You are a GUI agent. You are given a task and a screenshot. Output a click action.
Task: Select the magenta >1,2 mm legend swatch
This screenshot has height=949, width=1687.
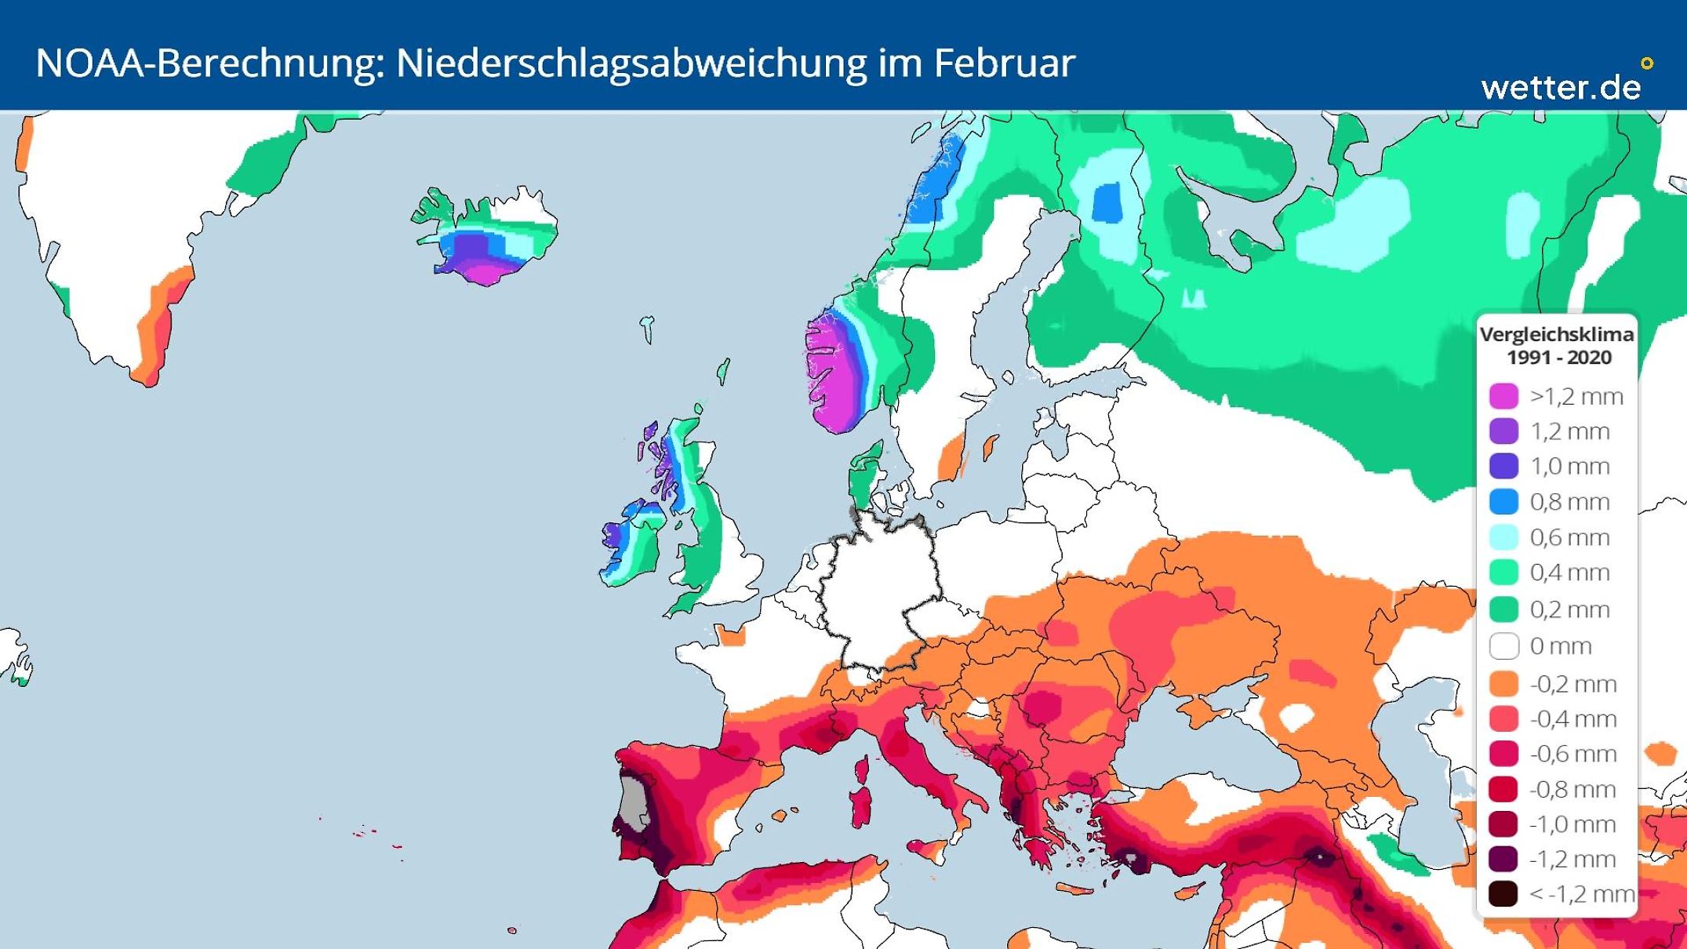1503,396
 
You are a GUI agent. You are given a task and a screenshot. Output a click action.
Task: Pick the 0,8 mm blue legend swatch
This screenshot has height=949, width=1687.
1503,501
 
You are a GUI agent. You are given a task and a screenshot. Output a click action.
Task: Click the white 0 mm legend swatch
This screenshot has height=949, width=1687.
1503,645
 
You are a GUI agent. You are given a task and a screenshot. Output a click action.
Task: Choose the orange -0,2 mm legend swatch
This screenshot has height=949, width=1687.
1503,683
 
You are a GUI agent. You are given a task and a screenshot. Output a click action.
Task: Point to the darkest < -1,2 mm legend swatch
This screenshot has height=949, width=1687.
1503,893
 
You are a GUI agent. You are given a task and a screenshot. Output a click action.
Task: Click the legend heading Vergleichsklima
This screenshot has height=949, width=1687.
1556,334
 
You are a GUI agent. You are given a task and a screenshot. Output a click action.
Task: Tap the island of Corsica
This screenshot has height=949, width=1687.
861,769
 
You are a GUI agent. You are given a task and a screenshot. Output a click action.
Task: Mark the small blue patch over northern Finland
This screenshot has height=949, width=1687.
1107,202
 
